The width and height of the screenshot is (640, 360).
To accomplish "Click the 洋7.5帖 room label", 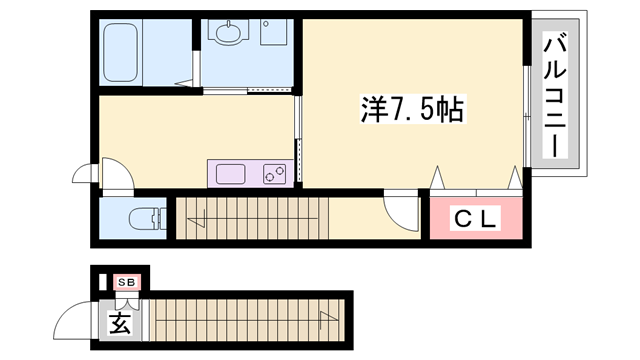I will click(x=411, y=109).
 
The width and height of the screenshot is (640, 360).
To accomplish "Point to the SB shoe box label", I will click(x=127, y=283).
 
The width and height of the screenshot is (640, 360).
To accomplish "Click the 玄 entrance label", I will click(x=119, y=323).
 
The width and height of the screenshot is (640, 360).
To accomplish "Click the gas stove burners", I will click(x=276, y=174).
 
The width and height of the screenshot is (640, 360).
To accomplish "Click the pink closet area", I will click(x=475, y=220).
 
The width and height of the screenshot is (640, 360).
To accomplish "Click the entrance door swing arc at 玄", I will click(x=76, y=321).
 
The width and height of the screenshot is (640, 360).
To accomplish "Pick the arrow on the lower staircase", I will click(x=326, y=320).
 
